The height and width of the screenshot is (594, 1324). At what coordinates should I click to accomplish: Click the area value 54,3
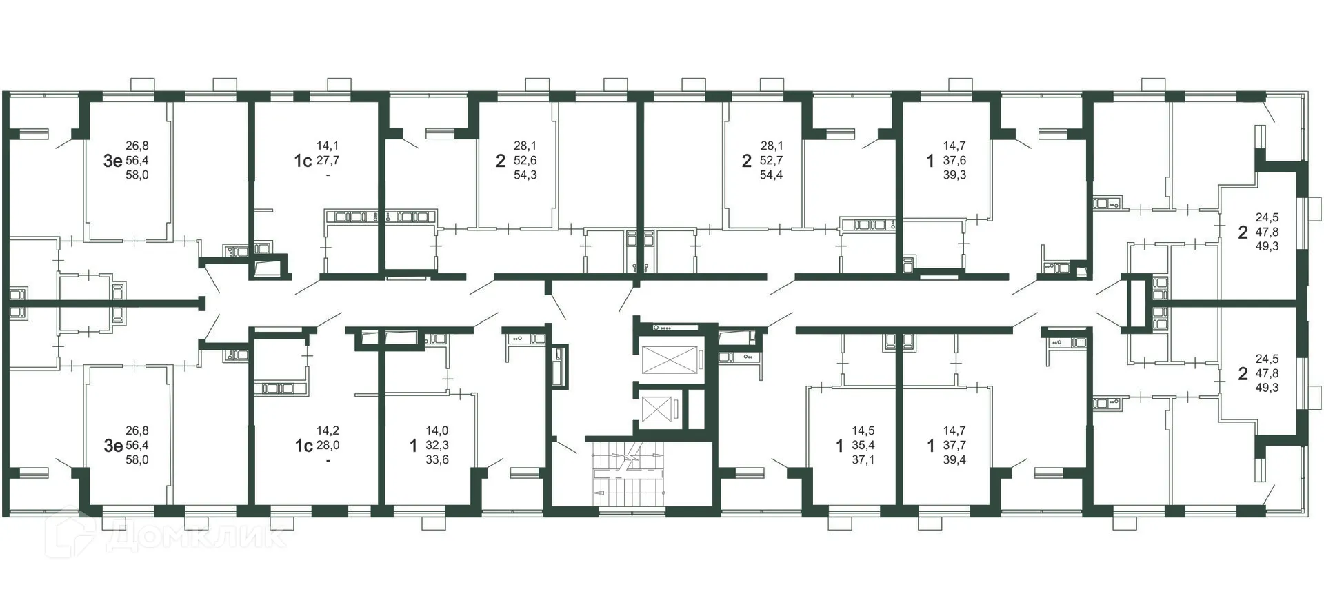tap(525, 175)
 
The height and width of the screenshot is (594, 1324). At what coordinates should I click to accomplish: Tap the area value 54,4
tap(771, 175)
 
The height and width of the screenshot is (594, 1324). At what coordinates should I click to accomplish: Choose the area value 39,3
tap(954, 175)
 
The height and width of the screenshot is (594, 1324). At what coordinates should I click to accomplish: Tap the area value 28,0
tap(328, 446)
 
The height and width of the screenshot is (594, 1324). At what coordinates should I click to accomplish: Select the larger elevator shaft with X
tap(669, 359)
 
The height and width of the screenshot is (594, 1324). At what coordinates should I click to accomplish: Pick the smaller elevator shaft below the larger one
tap(656, 410)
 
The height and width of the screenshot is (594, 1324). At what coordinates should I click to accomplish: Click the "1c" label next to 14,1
tap(303, 161)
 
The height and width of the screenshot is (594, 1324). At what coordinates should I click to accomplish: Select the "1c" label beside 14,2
tap(303, 446)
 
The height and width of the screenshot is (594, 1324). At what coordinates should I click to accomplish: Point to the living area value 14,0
tap(437, 431)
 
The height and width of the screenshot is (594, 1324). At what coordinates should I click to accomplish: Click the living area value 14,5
tap(863, 431)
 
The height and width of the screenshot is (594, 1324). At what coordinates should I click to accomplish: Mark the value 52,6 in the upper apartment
tap(525, 161)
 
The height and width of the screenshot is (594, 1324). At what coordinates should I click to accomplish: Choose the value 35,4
tap(863, 446)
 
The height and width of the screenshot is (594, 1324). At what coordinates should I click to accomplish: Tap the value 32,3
tap(437, 446)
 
